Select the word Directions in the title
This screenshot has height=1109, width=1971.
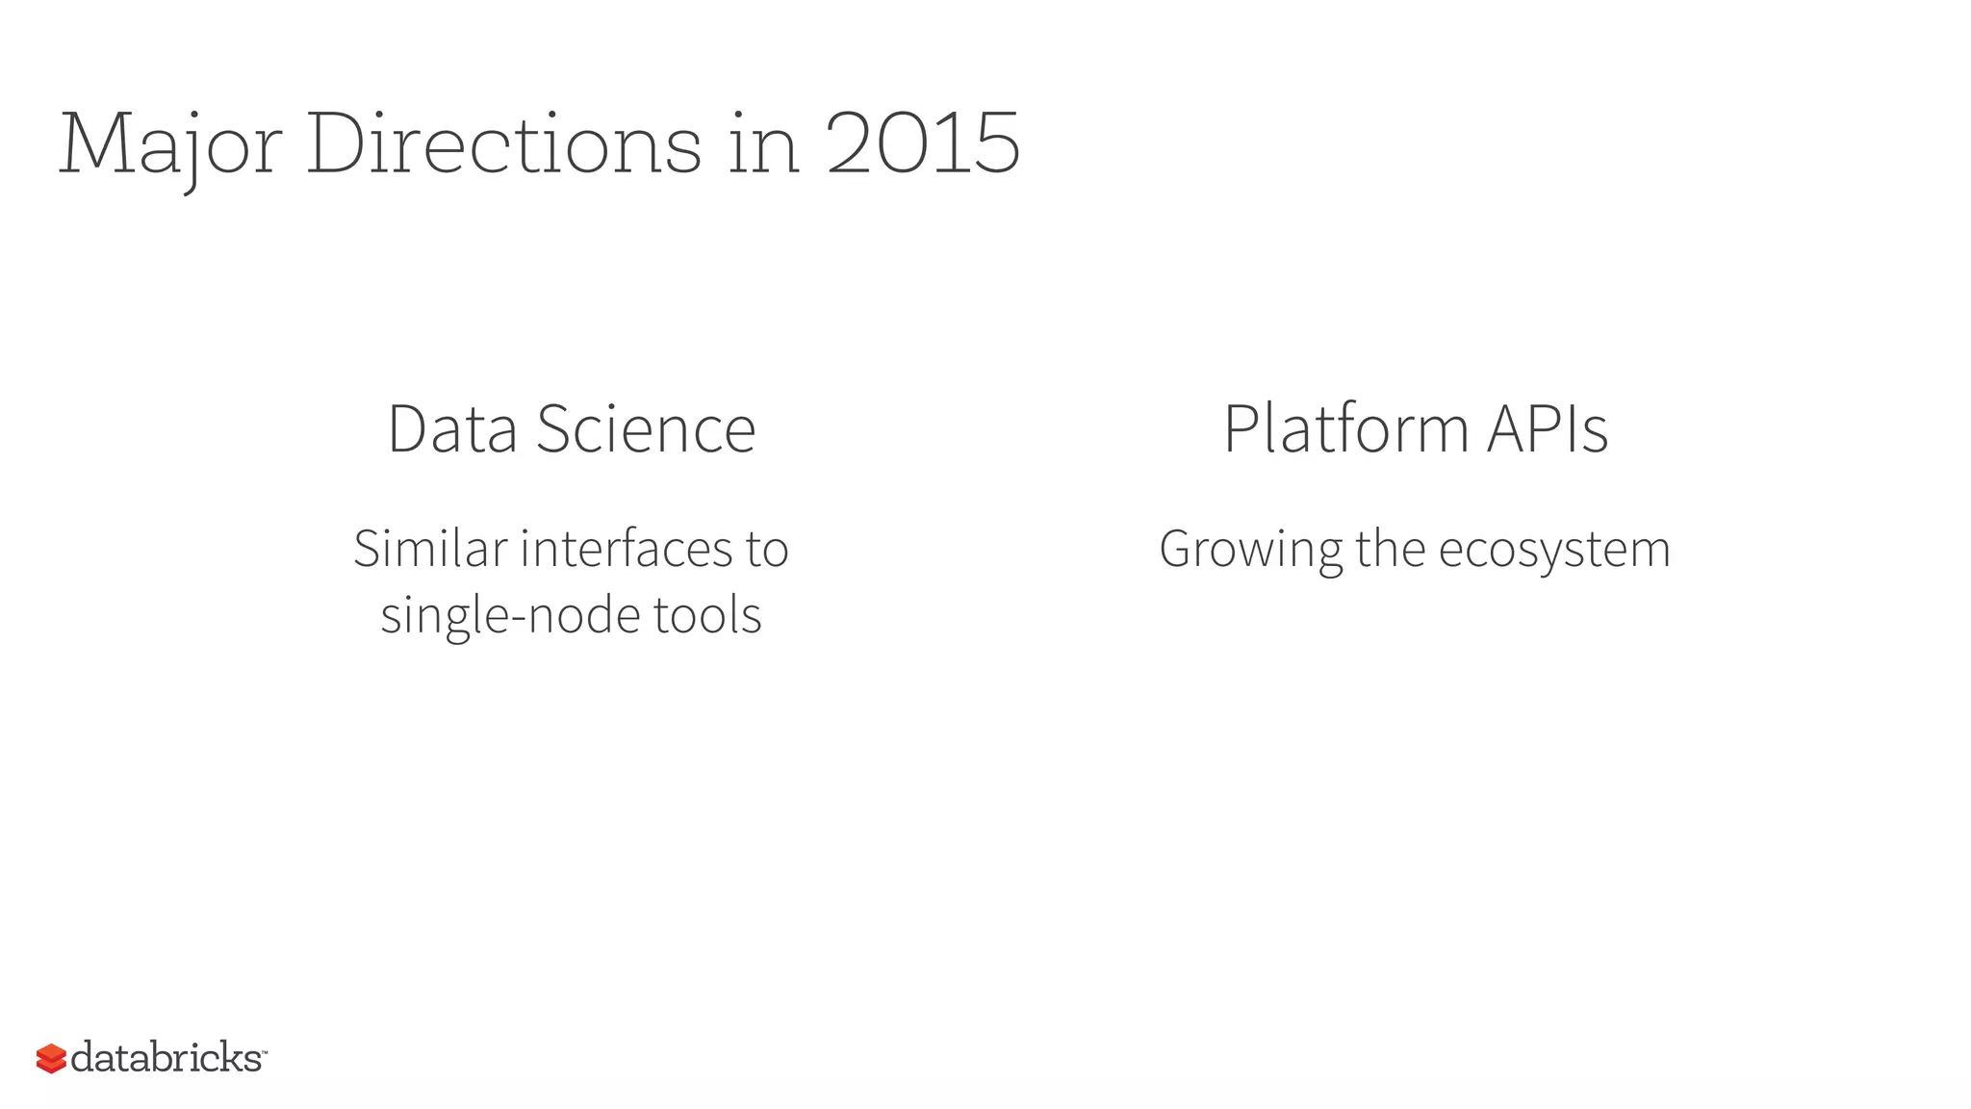[503, 144]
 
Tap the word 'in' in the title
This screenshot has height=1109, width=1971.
[763, 144]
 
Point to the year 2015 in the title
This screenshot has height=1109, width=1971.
[923, 144]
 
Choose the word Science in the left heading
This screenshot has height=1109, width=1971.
[646, 429]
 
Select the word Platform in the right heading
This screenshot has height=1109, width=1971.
[1345, 429]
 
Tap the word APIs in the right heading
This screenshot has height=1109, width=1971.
[1548, 429]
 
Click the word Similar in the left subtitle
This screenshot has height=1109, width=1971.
[430, 550]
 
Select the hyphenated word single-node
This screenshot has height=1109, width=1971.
[510, 616]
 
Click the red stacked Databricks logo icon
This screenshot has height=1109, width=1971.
[51, 1059]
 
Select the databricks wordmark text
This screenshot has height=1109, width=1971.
[166, 1058]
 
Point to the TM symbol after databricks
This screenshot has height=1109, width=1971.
[264, 1051]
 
